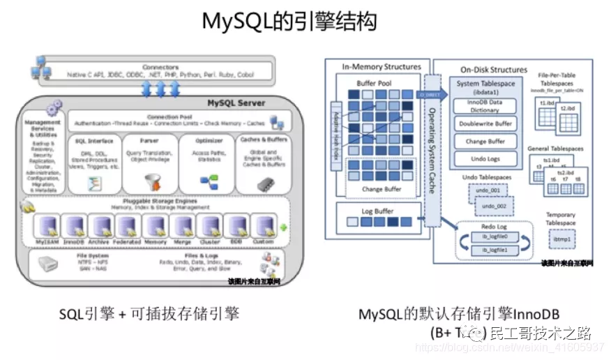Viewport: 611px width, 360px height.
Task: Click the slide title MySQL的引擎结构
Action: coord(289,21)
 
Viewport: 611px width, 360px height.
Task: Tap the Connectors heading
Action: coord(160,67)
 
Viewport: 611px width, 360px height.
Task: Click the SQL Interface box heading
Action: coord(93,141)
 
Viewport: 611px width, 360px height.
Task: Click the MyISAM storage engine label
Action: coord(47,241)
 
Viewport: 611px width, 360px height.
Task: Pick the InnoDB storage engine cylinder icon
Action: coord(74,225)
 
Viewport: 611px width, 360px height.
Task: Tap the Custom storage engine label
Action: coord(262,241)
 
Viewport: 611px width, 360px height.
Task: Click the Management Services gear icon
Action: coord(54,108)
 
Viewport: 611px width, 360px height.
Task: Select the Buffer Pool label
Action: coord(375,82)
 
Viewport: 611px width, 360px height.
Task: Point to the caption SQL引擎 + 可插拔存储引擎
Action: coord(149,314)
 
